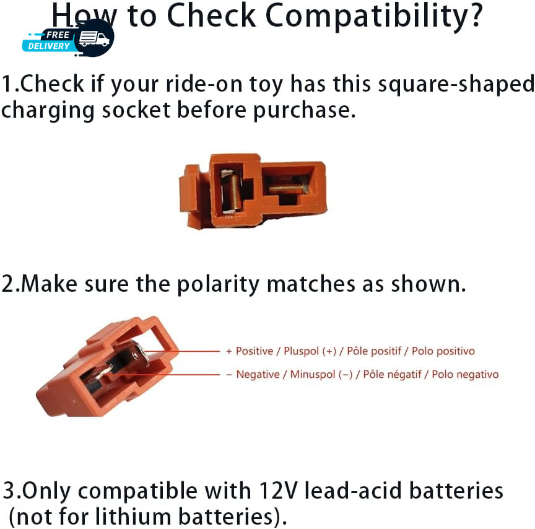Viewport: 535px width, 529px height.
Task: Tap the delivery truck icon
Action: (94, 38)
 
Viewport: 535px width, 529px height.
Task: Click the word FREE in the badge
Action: (58, 35)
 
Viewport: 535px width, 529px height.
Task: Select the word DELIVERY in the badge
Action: (49, 46)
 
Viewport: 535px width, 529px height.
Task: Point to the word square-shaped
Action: (456, 85)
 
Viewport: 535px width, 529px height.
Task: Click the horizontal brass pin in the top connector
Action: (286, 188)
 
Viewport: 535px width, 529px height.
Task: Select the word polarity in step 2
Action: (219, 284)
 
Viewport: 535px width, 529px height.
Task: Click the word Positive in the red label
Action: (254, 351)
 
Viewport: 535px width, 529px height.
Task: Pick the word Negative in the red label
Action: (258, 374)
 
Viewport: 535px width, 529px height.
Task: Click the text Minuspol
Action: (313, 374)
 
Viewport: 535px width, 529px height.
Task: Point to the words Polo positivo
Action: (443, 351)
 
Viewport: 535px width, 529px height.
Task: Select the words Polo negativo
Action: (465, 374)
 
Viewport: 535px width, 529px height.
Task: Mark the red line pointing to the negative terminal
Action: (163, 374)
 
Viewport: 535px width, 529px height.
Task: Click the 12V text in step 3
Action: (279, 491)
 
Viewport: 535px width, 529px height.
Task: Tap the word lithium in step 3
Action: (133, 516)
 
